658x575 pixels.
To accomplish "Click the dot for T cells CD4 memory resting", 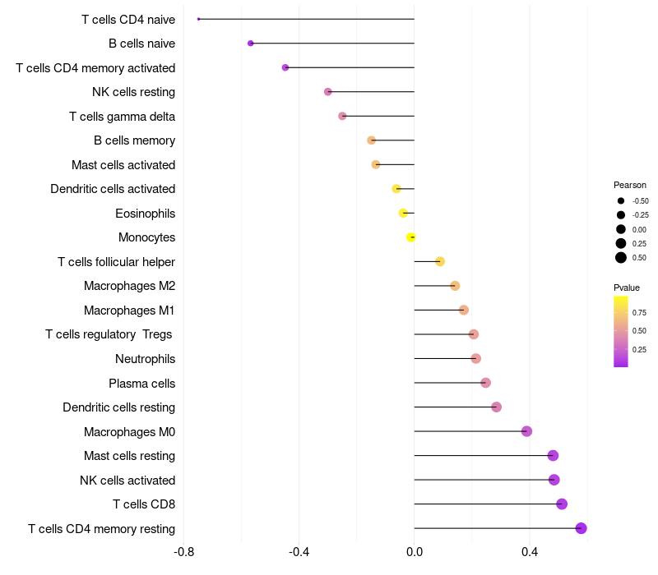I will [x=581, y=528].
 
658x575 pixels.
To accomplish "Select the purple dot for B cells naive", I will [x=251, y=44].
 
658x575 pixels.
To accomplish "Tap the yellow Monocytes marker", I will [x=411, y=237].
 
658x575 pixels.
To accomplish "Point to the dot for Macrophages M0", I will [x=526, y=431].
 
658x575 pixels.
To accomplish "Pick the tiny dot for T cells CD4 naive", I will [x=199, y=19].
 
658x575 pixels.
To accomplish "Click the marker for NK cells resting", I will [x=328, y=92].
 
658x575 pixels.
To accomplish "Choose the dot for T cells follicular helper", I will [x=440, y=262].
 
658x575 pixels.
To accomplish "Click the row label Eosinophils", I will [x=145, y=214].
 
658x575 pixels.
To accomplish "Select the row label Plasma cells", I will [x=141, y=384].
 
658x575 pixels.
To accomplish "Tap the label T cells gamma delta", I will [x=122, y=117].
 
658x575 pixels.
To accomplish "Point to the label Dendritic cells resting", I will [x=118, y=407].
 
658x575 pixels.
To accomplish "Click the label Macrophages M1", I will [x=129, y=310].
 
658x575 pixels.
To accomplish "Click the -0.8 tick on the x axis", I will [x=184, y=551].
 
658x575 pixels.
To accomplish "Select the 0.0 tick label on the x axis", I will [x=414, y=551].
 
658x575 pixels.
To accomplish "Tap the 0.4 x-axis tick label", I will [x=529, y=551].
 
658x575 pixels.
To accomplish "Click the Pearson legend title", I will [x=630, y=185].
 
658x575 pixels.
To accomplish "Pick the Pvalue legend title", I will [x=627, y=287].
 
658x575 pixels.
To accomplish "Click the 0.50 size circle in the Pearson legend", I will [x=621, y=258].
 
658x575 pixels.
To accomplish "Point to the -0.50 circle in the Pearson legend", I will [x=621, y=201].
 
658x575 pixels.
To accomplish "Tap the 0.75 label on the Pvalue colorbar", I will [x=639, y=313].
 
